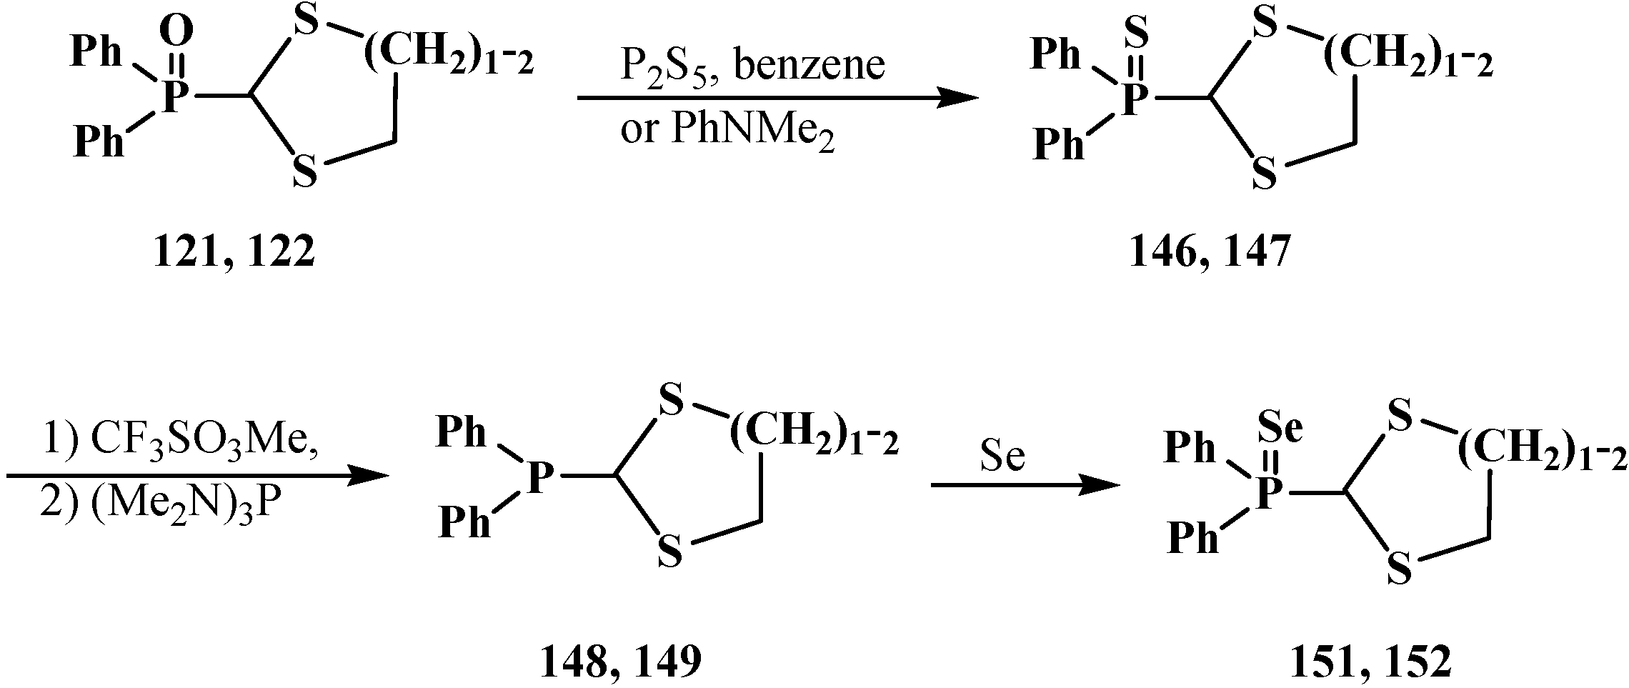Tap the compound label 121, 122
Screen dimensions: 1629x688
[x=234, y=252]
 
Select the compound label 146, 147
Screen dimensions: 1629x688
[x=1210, y=252]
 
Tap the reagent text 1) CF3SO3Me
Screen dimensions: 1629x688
[x=181, y=442]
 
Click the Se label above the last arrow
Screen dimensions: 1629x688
[x=1002, y=457]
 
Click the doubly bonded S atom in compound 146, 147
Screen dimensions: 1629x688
[x=1137, y=31]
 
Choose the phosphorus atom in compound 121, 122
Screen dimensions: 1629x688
[x=172, y=97]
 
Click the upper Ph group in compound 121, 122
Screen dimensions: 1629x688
[x=97, y=53]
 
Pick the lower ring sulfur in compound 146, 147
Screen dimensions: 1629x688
[x=1265, y=174]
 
